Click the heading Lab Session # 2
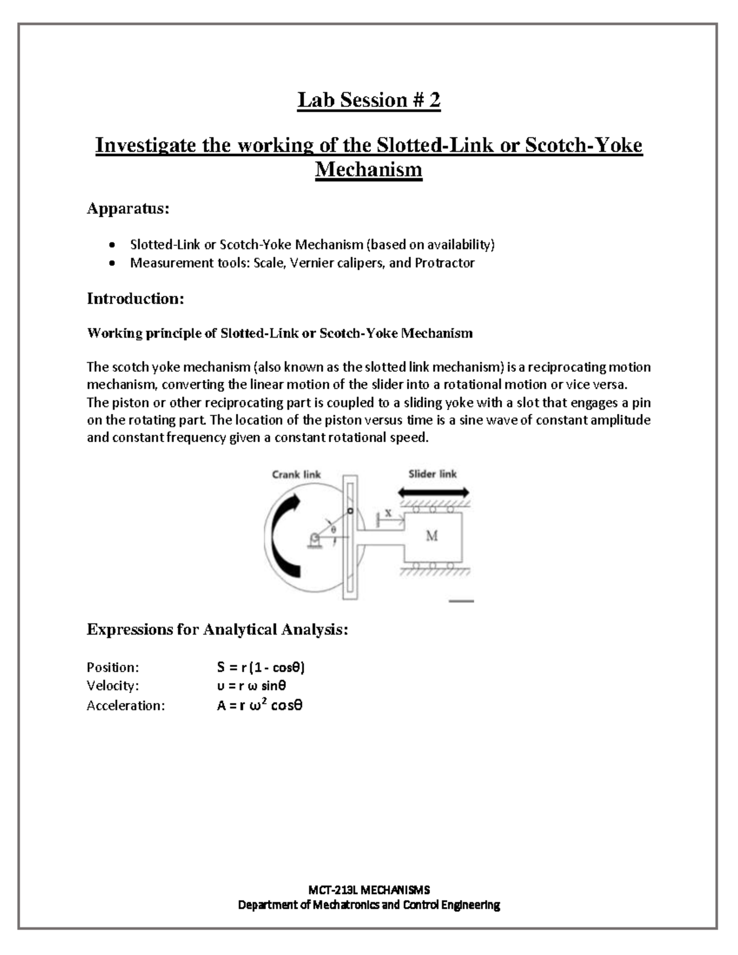tap(368, 100)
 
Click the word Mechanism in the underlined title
tap(368, 169)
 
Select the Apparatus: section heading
tap(127, 209)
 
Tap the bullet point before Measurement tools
tap(111, 264)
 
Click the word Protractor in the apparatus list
tap(444, 263)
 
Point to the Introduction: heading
tap(135, 299)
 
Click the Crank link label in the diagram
tap(296, 474)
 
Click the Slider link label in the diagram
tap(432, 474)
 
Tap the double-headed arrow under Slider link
tap(434, 493)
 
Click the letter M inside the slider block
tap(432, 536)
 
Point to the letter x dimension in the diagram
tap(388, 512)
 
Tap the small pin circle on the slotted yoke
tap(349, 511)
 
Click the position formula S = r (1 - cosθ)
tap(261, 667)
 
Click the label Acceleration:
tap(125, 705)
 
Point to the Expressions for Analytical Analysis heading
tap(217, 630)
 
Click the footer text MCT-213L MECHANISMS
tap(368, 889)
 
